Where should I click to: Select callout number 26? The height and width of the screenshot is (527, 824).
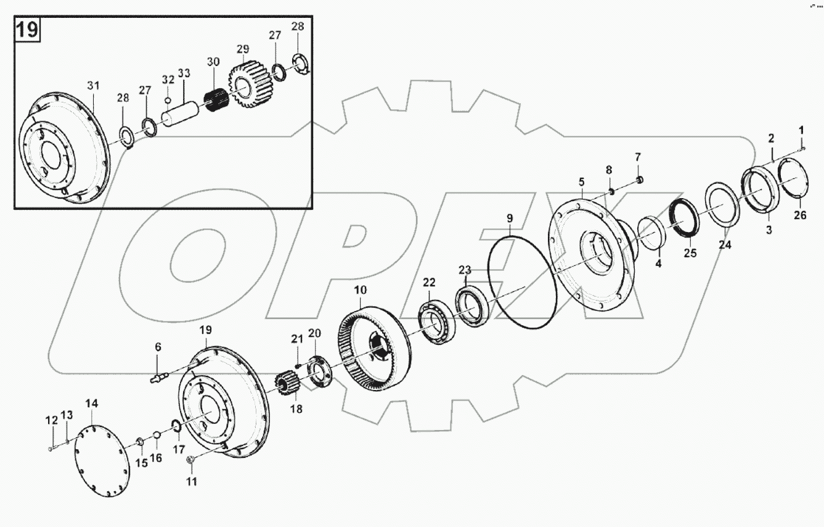(x=799, y=215)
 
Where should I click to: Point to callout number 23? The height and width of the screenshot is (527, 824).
(x=464, y=270)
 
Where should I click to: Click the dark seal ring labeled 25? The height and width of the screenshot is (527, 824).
(x=685, y=218)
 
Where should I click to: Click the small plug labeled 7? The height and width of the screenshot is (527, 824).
(x=639, y=180)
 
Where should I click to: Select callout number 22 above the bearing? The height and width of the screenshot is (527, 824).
(x=428, y=283)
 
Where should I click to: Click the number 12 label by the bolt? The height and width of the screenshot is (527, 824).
(x=51, y=420)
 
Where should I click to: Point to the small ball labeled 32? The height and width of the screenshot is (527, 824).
(x=167, y=100)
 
